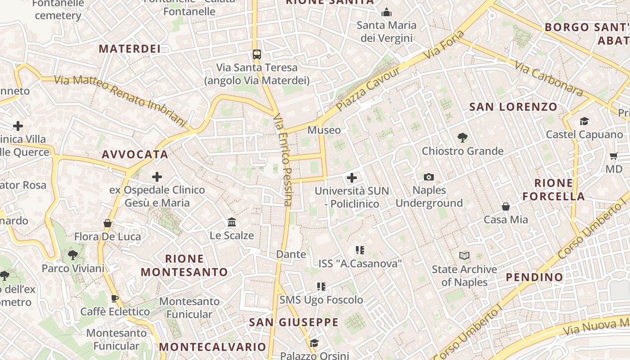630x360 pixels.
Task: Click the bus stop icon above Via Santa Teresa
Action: click(x=256, y=54)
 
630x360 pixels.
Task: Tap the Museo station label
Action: click(x=324, y=130)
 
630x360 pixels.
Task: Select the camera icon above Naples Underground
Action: click(x=429, y=177)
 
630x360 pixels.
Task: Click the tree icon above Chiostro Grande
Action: click(x=462, y=138)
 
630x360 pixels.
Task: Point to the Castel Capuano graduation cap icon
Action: click(x=584, y=121)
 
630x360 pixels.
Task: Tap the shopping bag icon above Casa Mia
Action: click(x=506, y=207)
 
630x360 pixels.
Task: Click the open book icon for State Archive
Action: click(x=464, y=256)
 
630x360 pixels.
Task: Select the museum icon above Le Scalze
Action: click(x=232, y=222)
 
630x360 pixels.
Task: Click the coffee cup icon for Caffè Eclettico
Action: click(x=115, y=298)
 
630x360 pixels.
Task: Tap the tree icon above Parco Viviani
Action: click(x=72, y=255)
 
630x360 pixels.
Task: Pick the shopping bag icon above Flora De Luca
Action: click(x=108, y=223)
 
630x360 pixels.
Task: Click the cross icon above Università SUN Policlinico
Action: click(x=352, y=178)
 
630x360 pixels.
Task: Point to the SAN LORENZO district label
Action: click(x=513, y=107)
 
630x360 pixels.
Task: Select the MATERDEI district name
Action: click(x=130, y=49)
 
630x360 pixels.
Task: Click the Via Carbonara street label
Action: click(x=549, y=79)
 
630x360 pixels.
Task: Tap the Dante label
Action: click(x=291, y=254)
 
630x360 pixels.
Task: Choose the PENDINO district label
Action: click(x=535, y=277)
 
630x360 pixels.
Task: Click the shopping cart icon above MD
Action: click(x=613, y=156)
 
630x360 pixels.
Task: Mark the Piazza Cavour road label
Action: click(x=368, y=90)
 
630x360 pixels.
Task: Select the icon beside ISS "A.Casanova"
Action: click(x=360, y=250)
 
